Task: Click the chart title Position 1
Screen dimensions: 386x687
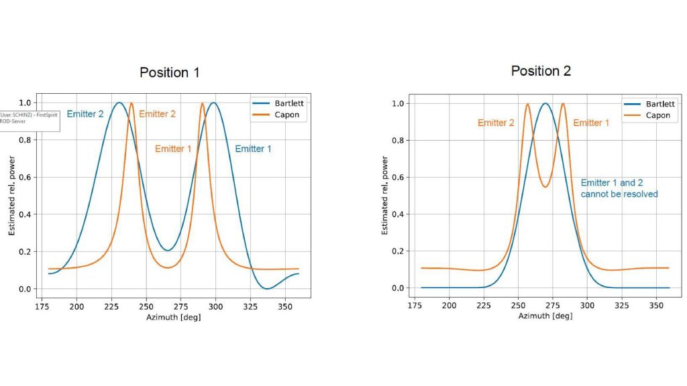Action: point(169,72)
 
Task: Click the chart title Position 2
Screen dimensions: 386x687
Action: point(541,71)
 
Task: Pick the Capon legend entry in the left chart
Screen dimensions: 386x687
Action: point(275,115)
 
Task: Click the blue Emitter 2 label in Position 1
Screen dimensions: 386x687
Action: point(85,114)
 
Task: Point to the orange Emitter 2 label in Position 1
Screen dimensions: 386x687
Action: point(157,114)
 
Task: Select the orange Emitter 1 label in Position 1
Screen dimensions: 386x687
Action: point(173,149)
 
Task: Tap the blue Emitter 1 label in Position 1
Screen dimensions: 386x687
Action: point(253,149)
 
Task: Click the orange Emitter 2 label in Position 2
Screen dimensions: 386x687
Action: point(496,123)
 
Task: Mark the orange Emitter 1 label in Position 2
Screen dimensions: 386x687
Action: point(591,123)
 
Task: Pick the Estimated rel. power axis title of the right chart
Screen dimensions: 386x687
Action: point(384,196)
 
